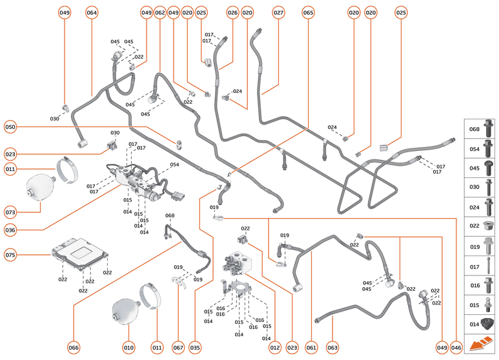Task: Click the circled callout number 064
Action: point(92,13)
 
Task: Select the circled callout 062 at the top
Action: point(160,13)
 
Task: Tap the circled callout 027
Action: point(278,13)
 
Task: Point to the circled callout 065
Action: point(308,13)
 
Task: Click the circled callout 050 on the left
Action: point(10,127)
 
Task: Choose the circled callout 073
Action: point(10,212)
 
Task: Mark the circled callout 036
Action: point(10,229)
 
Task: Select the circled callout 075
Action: point(10,255)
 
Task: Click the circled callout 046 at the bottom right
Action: point(456,348)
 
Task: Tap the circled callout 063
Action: point(332,348)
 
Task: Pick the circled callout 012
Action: point(275,348)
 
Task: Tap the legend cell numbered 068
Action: point(480,129)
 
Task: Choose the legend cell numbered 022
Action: point(480,226)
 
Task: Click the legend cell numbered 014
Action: point(480,323)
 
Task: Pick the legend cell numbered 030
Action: point(480,187)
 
